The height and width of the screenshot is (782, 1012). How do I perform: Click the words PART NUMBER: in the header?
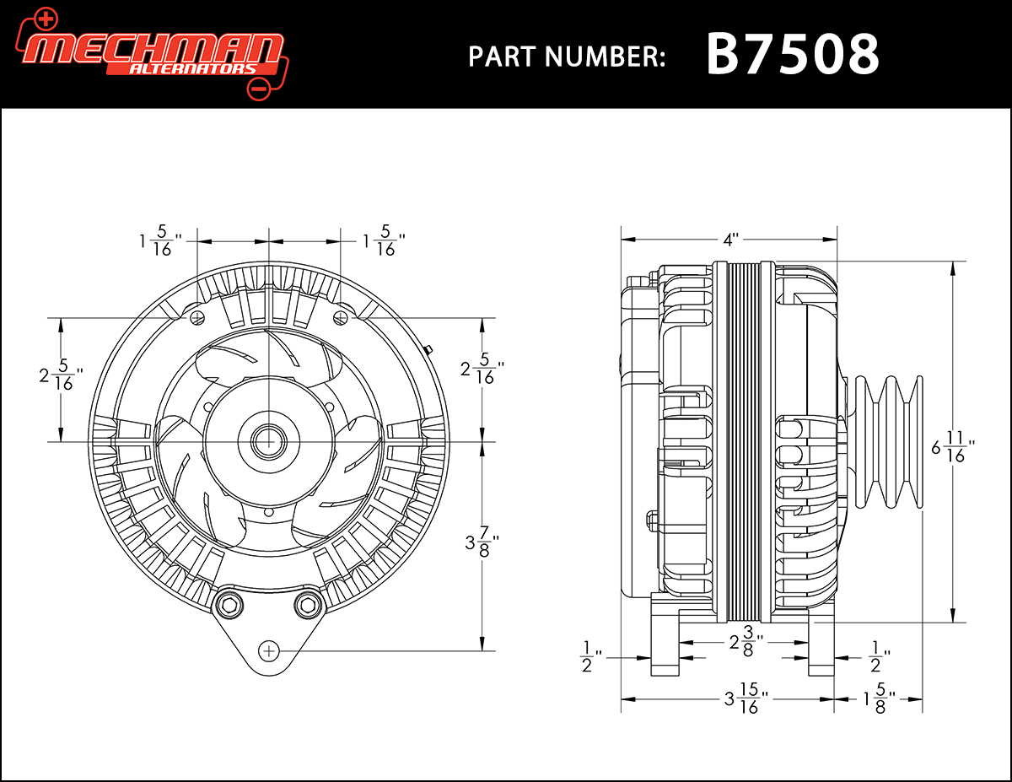(x=567, y=57)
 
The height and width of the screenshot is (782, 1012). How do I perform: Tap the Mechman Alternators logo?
(x=152, y=52)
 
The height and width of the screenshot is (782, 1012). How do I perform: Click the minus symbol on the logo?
(x=259, y=87)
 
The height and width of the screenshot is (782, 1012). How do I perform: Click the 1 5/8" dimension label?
(x=878, y=700)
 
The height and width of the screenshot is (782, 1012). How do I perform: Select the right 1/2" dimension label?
(x=875, y=655)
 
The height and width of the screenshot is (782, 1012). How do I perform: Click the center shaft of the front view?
(x=268, y=440)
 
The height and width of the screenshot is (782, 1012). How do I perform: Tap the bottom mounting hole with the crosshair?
(x=269, y=650)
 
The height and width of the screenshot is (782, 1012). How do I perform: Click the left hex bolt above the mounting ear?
(x=228, y=604)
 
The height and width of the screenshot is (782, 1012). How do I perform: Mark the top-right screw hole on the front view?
(x=340, y=317)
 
